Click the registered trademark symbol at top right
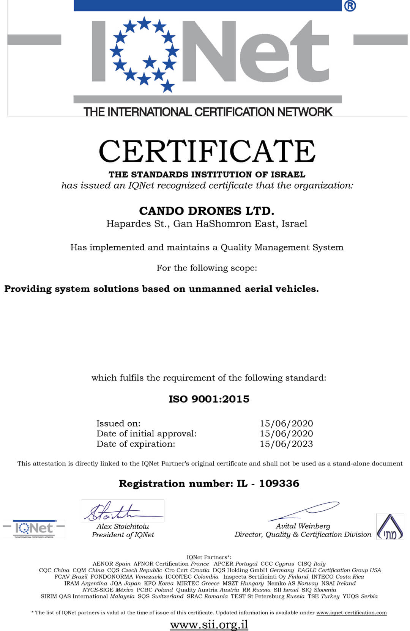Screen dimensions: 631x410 pos(350,6)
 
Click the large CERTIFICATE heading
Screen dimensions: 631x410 pos(207,151)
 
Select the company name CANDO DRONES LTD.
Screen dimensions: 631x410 pos(207,211)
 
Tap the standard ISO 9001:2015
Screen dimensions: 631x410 pos(209,399)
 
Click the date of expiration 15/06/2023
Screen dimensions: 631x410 pos(286,444)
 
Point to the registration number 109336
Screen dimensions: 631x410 pos(279,483)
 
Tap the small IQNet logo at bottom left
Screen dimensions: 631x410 pos(34,529)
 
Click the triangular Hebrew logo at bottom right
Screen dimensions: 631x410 pos(390,527)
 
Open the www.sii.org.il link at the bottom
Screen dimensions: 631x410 pos(209,624)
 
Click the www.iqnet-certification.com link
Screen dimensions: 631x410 pos(352,612)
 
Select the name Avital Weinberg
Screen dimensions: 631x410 pos(303,526)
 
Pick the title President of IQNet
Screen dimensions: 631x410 pos(123,535)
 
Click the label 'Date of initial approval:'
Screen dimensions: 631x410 pos(146,434)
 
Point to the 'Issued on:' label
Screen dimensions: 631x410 pos(118,423)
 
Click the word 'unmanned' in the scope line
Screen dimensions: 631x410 pos(215,289)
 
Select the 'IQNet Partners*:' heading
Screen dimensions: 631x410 pos(209,557)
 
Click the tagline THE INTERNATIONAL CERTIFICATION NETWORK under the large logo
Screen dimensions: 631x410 pos(208,112)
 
